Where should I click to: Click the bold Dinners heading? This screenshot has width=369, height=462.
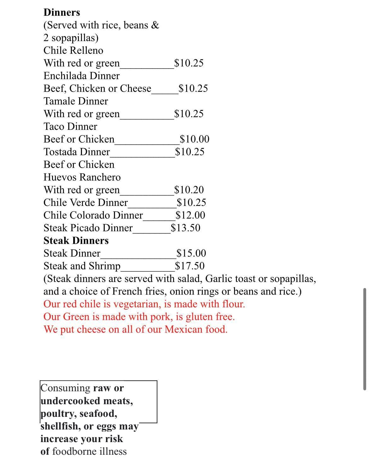(x=62, y=12)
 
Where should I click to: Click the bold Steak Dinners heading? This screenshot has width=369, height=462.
(x=76, y=241)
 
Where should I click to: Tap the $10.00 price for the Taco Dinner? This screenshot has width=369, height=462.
(x=194, y=139)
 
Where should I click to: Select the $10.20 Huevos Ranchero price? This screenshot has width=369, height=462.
(x=189, y=190)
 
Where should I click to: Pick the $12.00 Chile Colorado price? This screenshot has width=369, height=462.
(x=190, y=215)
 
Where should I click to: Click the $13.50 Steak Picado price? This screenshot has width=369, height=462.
(x=185, y=228)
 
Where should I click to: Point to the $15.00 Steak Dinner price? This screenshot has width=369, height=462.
(x=191, y=253)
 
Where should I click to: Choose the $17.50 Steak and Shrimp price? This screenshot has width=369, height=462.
(x=190, y=266)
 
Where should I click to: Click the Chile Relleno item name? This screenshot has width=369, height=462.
(x=73, y=51)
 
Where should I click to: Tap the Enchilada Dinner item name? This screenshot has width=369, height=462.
(x=81, y=76)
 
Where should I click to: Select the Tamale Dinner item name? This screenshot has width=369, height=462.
(x=76, y=101)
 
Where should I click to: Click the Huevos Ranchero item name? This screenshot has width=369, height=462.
(x=82, y=177)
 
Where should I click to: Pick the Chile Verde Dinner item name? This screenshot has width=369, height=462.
(x=86, y=202)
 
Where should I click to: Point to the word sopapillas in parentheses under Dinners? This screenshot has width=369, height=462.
(x=75, y=38)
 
